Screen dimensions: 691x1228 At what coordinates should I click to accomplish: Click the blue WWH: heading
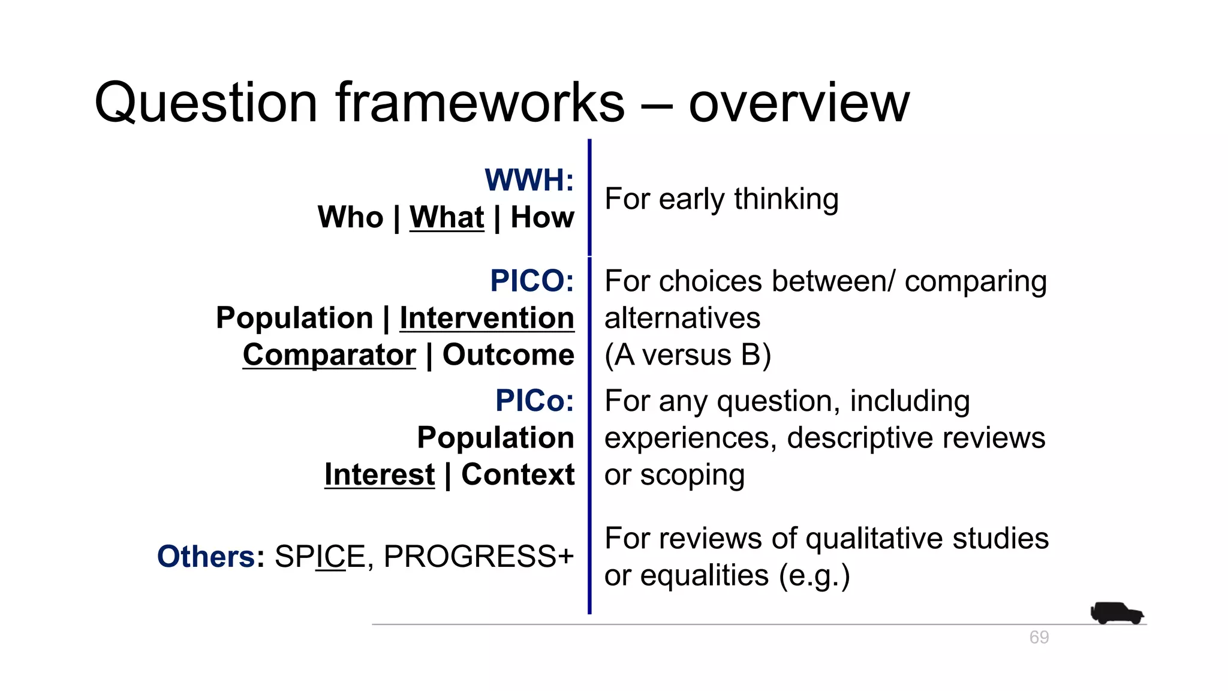point(529,180)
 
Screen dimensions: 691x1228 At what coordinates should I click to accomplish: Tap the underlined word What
point(447,217)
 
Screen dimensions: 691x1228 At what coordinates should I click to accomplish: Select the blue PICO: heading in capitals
point(532,281)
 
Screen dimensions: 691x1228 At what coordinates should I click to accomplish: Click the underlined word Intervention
point(487,318)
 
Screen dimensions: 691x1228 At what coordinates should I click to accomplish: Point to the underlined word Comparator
point(329,355)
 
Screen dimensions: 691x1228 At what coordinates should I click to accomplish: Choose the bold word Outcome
point(508,355)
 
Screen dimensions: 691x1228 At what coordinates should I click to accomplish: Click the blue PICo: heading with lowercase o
point(534,401)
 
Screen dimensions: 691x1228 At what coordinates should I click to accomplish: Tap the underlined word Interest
point(380,475)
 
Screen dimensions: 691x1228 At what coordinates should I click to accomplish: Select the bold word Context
point(518,475)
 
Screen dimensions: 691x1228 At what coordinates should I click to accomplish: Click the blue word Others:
point(210,557)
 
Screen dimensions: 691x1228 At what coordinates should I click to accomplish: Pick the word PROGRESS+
point(478,557)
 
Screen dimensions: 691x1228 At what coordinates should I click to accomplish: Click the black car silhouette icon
point(1116,613)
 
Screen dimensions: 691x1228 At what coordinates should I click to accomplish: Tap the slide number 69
point(1039,637)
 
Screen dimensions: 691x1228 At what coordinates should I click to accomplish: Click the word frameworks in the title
point(480,103)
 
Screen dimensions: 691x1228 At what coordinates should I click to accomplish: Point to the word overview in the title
point(799,103)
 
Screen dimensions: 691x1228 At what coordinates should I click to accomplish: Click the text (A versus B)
point(688,355)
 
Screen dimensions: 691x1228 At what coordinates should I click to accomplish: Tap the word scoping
point(693,476)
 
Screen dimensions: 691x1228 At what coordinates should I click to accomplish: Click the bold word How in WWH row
point(543,217)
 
